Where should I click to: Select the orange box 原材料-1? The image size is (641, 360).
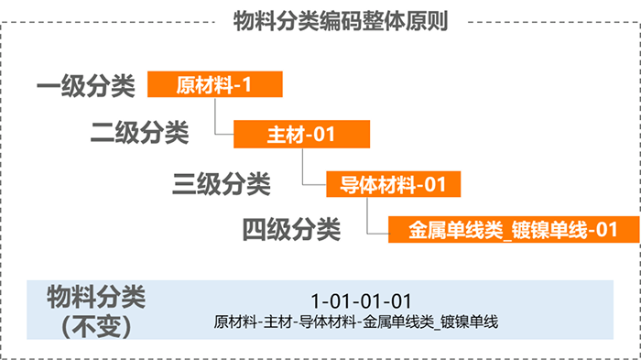212,85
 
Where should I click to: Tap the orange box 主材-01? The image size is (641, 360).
301,135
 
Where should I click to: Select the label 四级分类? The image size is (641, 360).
291,228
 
